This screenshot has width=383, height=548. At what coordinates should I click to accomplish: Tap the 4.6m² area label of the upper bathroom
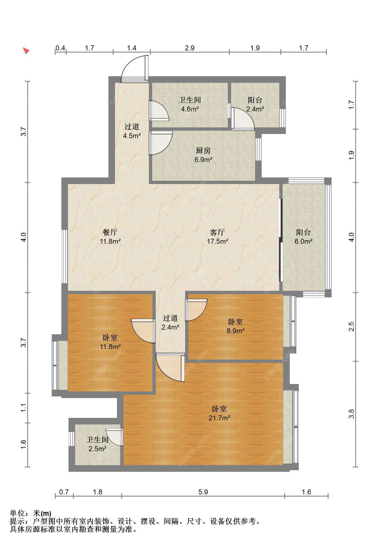pyautogui.click(x=190, y=109)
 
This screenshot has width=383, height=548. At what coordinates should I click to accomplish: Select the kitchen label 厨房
pyautogui.click(x=203, y=150)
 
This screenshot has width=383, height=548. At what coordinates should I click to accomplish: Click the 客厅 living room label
pyautogui.click(x=217, y=232)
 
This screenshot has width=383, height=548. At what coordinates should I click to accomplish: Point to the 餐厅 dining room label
pyautogui.click(x=110, y=232)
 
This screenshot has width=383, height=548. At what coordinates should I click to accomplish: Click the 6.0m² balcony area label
pyautogui.click(x=303, y=241)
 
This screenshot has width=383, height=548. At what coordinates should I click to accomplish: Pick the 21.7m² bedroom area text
pyautogui.click(x=219, y=418)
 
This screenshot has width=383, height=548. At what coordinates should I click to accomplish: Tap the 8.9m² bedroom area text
pyautogui.click(x=236, y=331)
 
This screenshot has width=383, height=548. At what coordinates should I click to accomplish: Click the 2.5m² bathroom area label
pyautogui.click(x=97, y=449)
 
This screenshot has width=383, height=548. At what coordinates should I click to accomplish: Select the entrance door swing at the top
pyautogui.click(x=135, y=69)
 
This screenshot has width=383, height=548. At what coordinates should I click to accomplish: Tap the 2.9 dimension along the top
pyautogui.click(x=190, y=48)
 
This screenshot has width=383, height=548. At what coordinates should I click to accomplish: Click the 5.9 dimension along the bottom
pyautogui.click(x=203, y=492)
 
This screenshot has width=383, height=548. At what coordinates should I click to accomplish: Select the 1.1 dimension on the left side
pyautogui.click(x=24, y=408)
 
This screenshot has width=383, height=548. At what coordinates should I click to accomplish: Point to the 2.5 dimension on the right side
pyautogui.click(x=351, y=327)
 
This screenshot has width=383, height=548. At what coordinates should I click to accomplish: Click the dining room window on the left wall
pyautogui.click(x=64, y=256)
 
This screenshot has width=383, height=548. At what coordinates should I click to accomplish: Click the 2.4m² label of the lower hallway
pyautogui.click(x=170, y=327)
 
